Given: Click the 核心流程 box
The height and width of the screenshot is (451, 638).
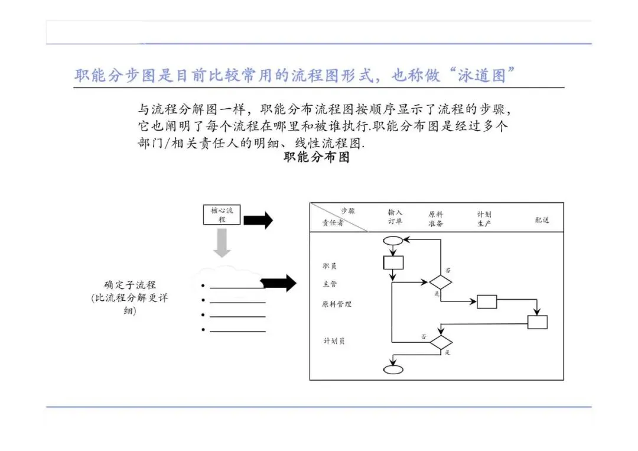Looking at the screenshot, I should tap(222, 215).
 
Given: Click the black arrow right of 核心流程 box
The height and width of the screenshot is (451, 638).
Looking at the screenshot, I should tap(258, 220).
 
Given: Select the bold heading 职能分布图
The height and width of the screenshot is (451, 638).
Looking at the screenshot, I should tap(317, 157).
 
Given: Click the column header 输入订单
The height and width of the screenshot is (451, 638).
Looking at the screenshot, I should tap(395, 217).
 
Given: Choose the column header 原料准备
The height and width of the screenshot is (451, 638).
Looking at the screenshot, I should tap(436, 219).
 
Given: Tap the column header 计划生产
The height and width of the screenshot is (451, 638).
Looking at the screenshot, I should tap(484, 219).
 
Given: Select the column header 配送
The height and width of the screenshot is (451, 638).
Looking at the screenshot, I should tap(542, 220).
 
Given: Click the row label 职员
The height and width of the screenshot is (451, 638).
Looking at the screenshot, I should tap(330, 267).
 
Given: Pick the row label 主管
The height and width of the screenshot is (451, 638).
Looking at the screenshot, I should tap(330, 284).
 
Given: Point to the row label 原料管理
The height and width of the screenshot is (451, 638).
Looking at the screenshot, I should tap(337, 304).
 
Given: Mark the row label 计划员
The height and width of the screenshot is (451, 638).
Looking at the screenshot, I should tap(334, 341).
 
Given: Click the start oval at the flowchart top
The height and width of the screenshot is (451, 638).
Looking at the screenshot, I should tap(393, 241).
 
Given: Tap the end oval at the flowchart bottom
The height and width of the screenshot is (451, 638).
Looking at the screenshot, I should tap(393, 369).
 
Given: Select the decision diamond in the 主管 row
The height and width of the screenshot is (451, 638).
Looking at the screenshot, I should tap(440, 282).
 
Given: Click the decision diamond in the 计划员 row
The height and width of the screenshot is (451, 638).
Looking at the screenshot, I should tap(441, 342).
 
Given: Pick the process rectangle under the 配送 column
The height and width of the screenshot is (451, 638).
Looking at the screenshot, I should tap(537, 322).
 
